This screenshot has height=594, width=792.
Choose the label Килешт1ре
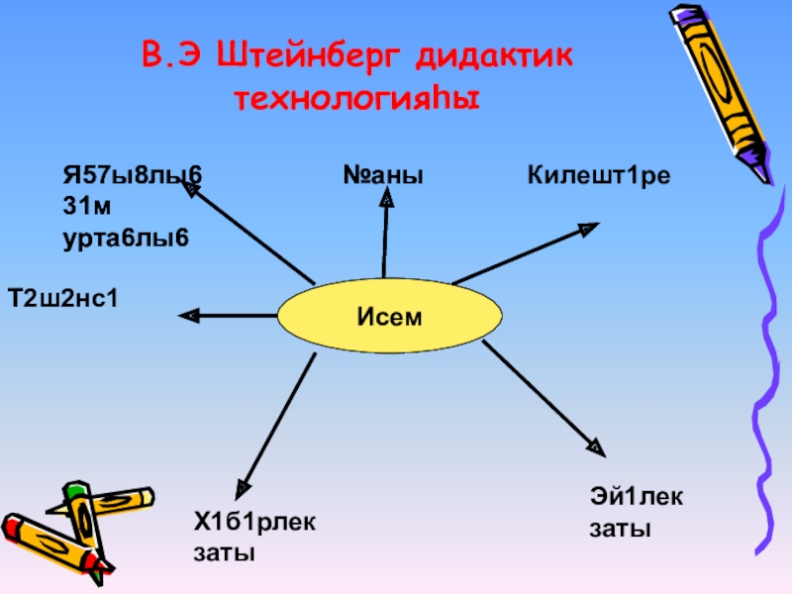coord(599,176)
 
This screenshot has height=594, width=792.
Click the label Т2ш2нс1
coord(62,296)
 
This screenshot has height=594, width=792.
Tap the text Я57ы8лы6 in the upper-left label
coord(132,176)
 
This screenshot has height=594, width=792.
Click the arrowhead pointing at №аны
coord(386,199)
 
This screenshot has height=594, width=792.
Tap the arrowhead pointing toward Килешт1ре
coord(588,229)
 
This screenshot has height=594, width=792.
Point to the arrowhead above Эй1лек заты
coord(594,446)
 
